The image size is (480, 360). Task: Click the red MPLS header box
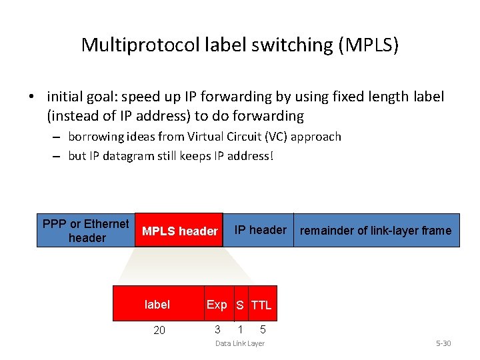click(x=179, y=231)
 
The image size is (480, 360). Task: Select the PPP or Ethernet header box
click(x=86, y=231)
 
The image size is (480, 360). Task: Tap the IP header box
click(x=260, y=230)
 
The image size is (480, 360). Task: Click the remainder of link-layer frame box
click(x=375, y=231)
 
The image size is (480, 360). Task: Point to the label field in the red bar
click(x=157, y=305)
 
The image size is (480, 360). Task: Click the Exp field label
click(x=217, y=305)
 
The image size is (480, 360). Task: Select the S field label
click(x=239, y=305)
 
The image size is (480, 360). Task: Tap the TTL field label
click(x=261, y=305)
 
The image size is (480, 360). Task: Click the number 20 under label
click(x=159, y=330)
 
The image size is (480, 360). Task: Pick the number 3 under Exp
click(x=217, y=329)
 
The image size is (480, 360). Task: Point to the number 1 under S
click(x=240, y=329)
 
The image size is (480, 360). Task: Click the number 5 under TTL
click(x=263, y=329)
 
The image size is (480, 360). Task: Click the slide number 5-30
click(x=443, y=343)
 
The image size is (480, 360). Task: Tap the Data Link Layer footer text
click(x=239, y=343)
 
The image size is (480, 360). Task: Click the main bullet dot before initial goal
click(x=32, y=97)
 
